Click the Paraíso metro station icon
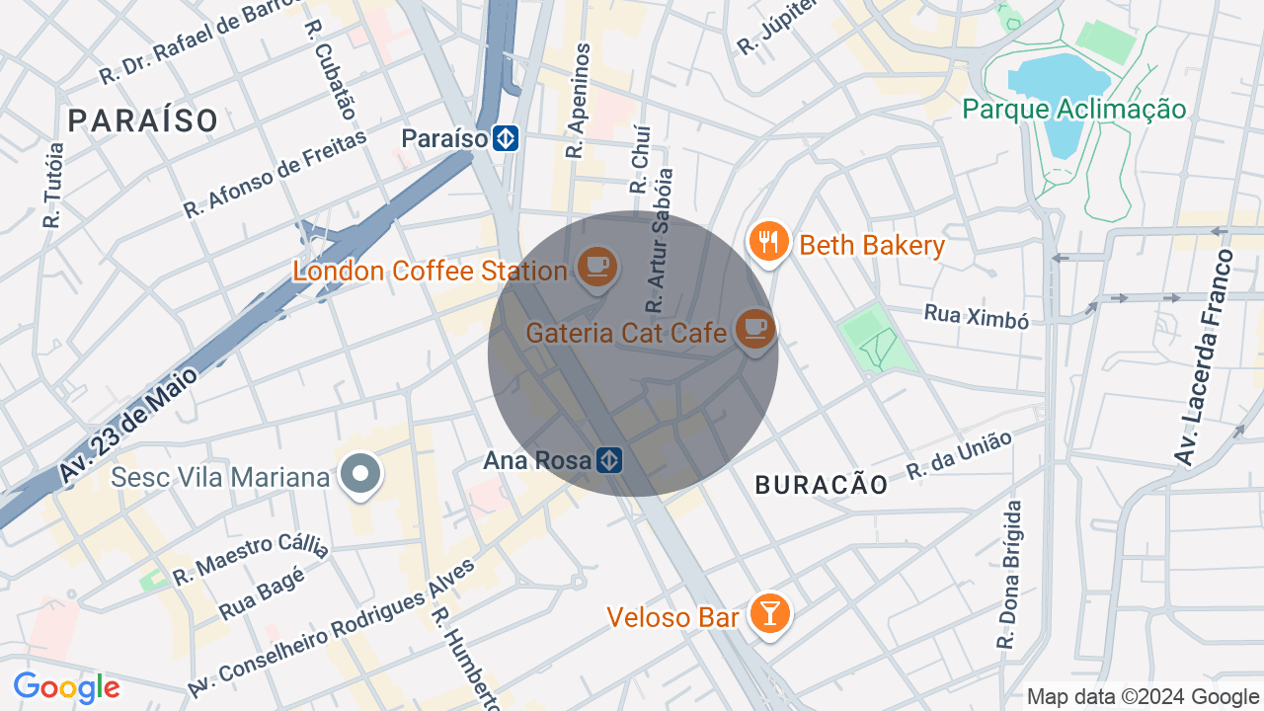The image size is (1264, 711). coord(507,138)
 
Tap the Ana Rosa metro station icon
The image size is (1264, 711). coord(609,460)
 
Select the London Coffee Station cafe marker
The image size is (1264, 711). coord(596,267)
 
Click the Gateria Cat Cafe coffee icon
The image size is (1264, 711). coord(755,328)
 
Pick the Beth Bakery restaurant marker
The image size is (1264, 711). coord(768,241)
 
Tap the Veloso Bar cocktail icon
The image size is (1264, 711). coord(768,614)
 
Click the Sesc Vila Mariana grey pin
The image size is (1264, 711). coord(360,475)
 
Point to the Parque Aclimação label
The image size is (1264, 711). coord(1073,109)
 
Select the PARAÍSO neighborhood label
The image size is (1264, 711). coord(143,120)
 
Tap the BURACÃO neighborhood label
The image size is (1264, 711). coord(822,484)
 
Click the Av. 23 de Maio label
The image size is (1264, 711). coord(128,425)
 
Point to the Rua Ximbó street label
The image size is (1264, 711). coord(976,316)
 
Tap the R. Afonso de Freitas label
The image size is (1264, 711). coord(275,174)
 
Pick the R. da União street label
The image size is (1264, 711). coord(960,455)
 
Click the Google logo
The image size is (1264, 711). coord(66,687)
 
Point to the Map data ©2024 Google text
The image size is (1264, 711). coord(1143,696)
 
